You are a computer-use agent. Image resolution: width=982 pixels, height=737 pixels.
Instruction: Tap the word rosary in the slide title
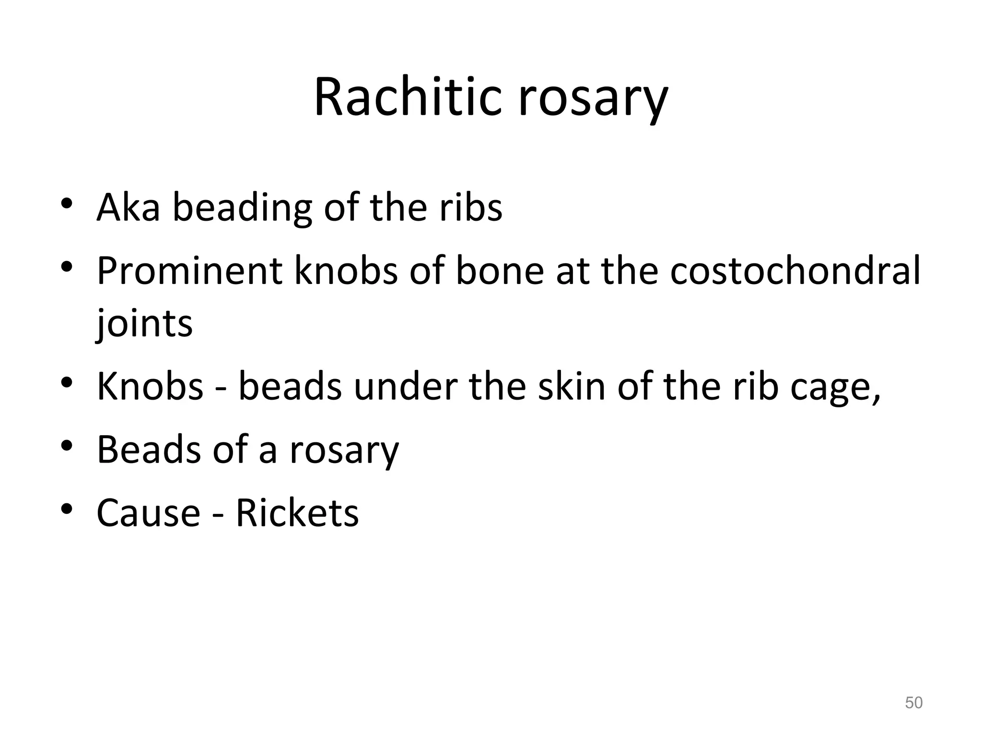pos(593,101)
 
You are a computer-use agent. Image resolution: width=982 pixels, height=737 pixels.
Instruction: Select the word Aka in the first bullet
pos(128,207)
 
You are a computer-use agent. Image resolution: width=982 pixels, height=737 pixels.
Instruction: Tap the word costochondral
pos(795,271)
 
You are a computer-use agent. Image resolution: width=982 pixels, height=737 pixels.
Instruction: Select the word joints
pos(144,324)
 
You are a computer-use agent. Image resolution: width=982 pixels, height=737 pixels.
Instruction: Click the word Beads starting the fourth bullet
pos(149,450)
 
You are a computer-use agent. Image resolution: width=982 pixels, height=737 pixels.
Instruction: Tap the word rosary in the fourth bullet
pos(344,452)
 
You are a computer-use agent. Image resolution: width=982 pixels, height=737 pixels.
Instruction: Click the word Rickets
pos(297,513)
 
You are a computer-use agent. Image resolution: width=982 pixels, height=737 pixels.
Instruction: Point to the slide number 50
pos(913,702)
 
